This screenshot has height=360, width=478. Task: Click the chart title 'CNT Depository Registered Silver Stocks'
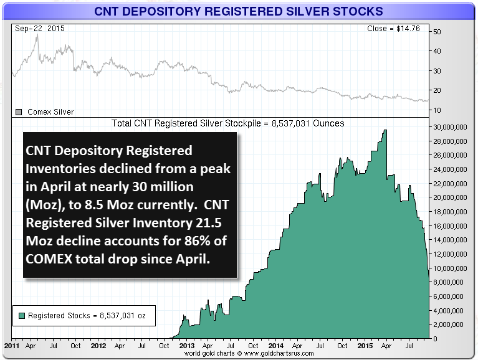[239, 11]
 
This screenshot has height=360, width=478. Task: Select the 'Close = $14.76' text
[395, 29]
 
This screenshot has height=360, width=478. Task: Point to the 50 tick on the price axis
[437, 31]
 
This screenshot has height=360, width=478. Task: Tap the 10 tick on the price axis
[437, 110]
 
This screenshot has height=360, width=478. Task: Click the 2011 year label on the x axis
[11, 344]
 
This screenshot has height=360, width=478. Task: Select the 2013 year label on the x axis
[186, 344]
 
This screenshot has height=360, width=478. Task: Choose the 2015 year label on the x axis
[364, 344]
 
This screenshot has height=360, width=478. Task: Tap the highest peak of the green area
[385, 131]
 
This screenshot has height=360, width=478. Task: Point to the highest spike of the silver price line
[37, 36]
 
